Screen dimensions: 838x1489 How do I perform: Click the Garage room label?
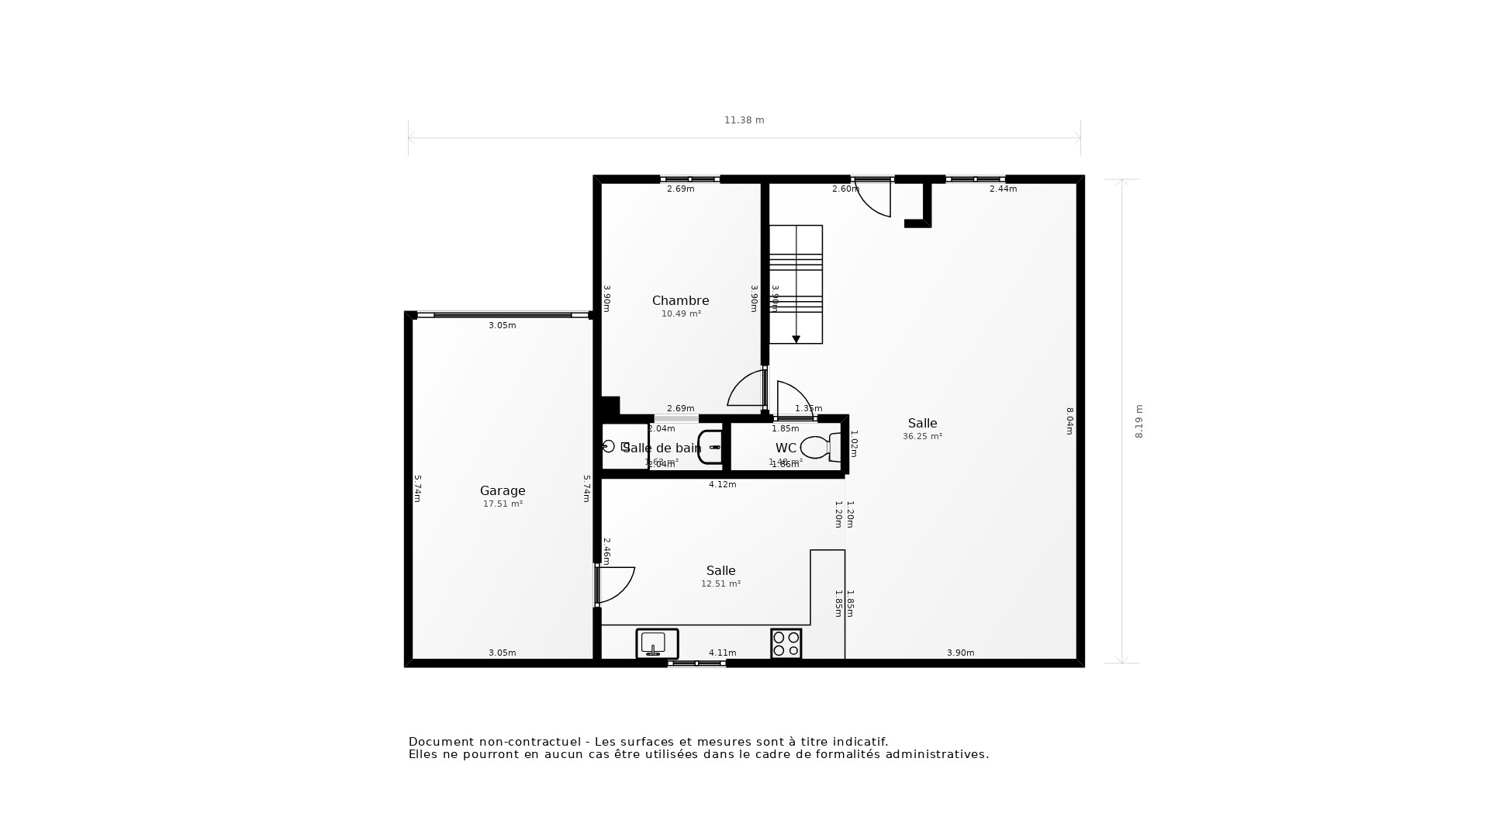coord(503,490)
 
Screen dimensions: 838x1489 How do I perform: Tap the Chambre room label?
coord(680,300)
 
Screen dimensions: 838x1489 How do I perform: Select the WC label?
coord(786,448)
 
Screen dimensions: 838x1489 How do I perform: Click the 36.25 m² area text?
coord(922,437)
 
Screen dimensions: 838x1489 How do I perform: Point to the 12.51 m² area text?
coord(720,584)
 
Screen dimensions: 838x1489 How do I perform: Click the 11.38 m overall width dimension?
coord(744,120)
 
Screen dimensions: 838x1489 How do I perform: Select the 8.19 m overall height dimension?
coord(1138,421)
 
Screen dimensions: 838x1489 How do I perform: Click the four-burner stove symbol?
coord(786,643)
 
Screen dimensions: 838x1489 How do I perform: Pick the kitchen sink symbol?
coord(657,643)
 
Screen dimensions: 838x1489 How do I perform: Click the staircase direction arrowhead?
coord(796,340)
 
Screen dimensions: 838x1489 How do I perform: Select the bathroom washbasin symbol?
coord(710,448)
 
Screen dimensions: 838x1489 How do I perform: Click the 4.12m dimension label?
coord(722,485)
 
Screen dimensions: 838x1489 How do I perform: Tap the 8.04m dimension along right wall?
coord(1069,421)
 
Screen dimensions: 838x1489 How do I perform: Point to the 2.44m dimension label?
coord(1003,189)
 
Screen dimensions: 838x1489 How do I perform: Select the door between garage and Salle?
coord(614,584)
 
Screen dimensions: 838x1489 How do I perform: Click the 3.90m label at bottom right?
coord(960,653)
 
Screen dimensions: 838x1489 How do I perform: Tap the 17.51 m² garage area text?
coord(503,504)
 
